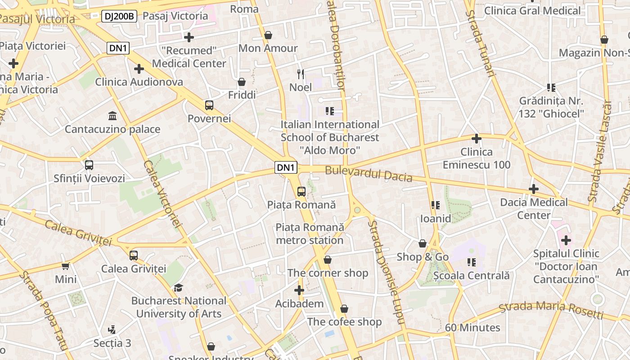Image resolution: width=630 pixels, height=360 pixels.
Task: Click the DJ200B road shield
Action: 119,17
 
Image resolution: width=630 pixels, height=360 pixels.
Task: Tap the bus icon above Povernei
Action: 209,105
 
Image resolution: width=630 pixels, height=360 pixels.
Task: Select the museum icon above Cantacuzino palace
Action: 112,116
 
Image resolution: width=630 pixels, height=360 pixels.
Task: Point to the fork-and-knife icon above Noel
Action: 301,74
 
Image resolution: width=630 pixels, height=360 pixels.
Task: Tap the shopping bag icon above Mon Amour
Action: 268,35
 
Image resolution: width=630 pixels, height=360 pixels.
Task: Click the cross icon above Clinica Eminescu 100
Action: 476,139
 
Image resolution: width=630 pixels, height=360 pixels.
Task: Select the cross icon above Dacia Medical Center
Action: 534,189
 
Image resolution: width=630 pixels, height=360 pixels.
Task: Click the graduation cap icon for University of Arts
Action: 179,288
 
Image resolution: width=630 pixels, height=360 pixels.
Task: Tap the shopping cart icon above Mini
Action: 66,266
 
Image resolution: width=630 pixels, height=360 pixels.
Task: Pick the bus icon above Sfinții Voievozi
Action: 89,165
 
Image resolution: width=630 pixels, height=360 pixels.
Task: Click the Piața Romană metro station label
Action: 310,234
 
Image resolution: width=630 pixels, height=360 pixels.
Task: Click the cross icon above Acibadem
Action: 299,290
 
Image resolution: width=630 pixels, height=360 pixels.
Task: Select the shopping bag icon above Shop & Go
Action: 423,243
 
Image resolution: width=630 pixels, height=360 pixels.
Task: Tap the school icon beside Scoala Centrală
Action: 471,262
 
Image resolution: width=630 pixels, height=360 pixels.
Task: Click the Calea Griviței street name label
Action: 78,232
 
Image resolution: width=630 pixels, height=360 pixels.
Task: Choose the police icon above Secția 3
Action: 112,330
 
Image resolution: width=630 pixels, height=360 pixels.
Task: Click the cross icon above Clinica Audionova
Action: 139,69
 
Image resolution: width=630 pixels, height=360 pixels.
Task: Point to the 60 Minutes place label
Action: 472,328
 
